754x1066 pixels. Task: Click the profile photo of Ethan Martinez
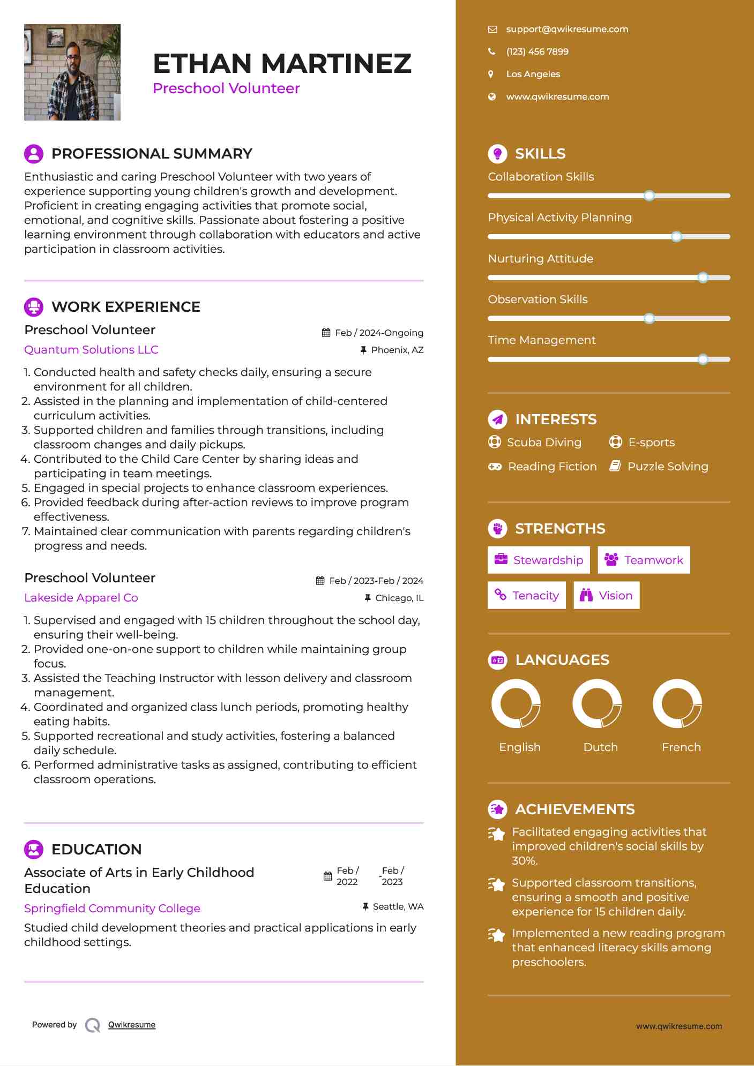click(72, 72)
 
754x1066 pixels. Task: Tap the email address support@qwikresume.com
click(567, 29)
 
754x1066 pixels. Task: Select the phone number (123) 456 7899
click(537, 52)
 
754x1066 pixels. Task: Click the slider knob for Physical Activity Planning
click(676, 237)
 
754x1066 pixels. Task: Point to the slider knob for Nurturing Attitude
click(703, 277)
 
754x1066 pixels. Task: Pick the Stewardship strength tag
click(539, 560)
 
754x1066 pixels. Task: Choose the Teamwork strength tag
click(644, 560)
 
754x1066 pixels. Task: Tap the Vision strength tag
click(607, 596)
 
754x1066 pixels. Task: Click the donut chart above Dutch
click(597, 703)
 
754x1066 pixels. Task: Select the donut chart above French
click(677, 703)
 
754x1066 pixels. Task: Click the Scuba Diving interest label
click(544, 442)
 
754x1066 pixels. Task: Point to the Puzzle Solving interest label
click(668, 467)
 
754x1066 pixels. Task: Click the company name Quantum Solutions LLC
click(91, 350)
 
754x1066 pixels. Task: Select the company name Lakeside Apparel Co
click(81, 598)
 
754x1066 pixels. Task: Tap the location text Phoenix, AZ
click(397, 350)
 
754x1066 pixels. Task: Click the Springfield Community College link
click(112, 909)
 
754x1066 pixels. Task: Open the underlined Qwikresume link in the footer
click(132, 1025)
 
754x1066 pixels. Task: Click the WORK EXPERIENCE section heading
click(125, 307)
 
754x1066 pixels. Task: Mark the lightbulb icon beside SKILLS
click(497, 154)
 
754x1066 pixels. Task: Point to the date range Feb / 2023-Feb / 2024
click(376, 581)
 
